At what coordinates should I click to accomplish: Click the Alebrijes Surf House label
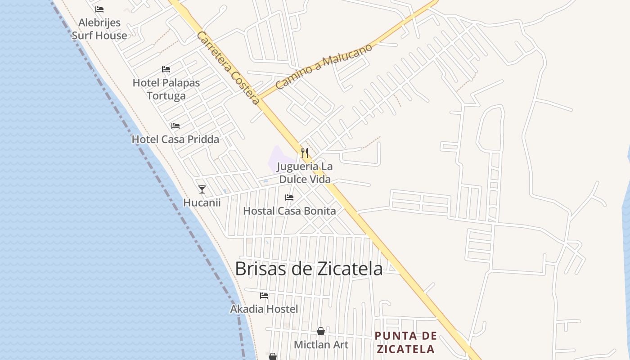[x=99, y=29]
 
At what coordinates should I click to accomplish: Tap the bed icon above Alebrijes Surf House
[x=99, y=9]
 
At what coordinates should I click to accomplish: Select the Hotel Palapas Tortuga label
[x=166, y=89]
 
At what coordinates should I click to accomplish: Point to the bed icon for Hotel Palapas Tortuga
[x=166, y=69]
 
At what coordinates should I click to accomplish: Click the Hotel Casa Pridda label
[x=175, y=139]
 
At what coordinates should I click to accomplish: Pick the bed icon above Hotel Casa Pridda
[x=175, y=126]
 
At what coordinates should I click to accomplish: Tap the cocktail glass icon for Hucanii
[x=202, y=189]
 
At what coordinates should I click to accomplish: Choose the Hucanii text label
[x=202, y=203]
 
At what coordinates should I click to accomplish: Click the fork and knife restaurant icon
[x=305, y=153]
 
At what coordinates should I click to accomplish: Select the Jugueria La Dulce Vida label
[x=305, y=173]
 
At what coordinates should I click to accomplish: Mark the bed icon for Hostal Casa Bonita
[x=289, y=198]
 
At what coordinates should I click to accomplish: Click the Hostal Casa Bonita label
[x=289, y=211]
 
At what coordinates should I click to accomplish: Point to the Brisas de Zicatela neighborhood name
[x=309, y=269]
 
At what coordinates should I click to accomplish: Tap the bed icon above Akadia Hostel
[x=264, y=296]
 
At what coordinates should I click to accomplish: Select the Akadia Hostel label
[x=264, y=309]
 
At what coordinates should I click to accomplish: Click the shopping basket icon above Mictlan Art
[x=321, y=331]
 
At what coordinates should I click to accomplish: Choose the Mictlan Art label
[x=321, y=345]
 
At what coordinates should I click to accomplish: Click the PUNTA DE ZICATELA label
[x=406, y=342]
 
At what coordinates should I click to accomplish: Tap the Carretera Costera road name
[x=228, y=68]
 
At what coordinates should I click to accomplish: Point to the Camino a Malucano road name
[x=324, y=66]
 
